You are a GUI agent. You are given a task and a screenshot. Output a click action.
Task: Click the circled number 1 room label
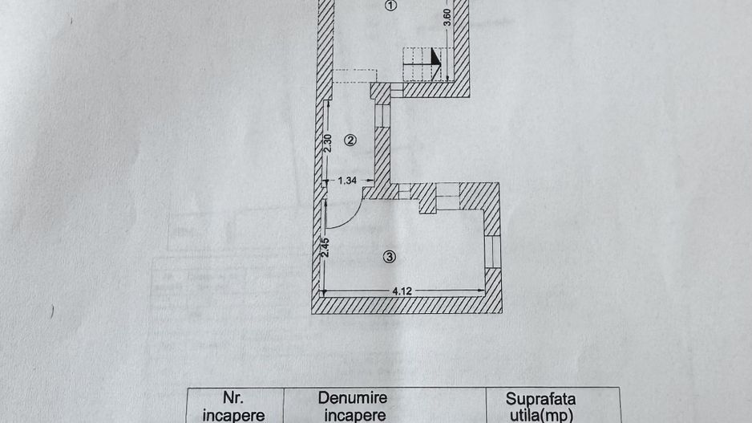pos(391,6)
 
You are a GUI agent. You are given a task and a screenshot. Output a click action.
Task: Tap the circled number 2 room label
pos(350,140)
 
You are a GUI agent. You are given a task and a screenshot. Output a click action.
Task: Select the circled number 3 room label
pos(390,257)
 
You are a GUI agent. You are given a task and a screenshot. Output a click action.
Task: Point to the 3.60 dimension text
pos(447,18)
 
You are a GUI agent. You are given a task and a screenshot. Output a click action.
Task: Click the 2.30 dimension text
pos(328,143)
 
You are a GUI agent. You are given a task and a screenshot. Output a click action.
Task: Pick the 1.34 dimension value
pos(347,181)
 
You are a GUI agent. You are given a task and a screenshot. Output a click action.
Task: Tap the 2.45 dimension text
pos(325,248)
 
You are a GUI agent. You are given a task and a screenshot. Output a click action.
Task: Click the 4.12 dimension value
pos(402,291)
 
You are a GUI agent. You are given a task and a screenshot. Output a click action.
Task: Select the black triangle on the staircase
pos(435,56)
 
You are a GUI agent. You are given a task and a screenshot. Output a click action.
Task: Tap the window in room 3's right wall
pos(492,251)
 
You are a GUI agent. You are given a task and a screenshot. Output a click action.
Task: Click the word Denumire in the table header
pos(353,398)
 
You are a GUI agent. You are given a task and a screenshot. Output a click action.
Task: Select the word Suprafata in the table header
pos(540,399)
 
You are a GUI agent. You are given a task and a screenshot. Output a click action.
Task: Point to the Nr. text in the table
pos(233,397)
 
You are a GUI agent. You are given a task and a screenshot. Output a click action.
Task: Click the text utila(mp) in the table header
pos(541,415)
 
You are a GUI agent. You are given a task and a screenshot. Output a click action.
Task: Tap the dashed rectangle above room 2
pos(355,76)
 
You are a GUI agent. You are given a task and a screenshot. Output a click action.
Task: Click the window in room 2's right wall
pos(382,116)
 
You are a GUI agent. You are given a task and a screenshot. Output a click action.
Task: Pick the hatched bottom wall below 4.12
pos(406,305)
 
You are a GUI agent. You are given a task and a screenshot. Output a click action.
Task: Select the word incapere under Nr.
pos(233,415)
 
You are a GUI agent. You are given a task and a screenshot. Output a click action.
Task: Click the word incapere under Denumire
pos(355,415)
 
